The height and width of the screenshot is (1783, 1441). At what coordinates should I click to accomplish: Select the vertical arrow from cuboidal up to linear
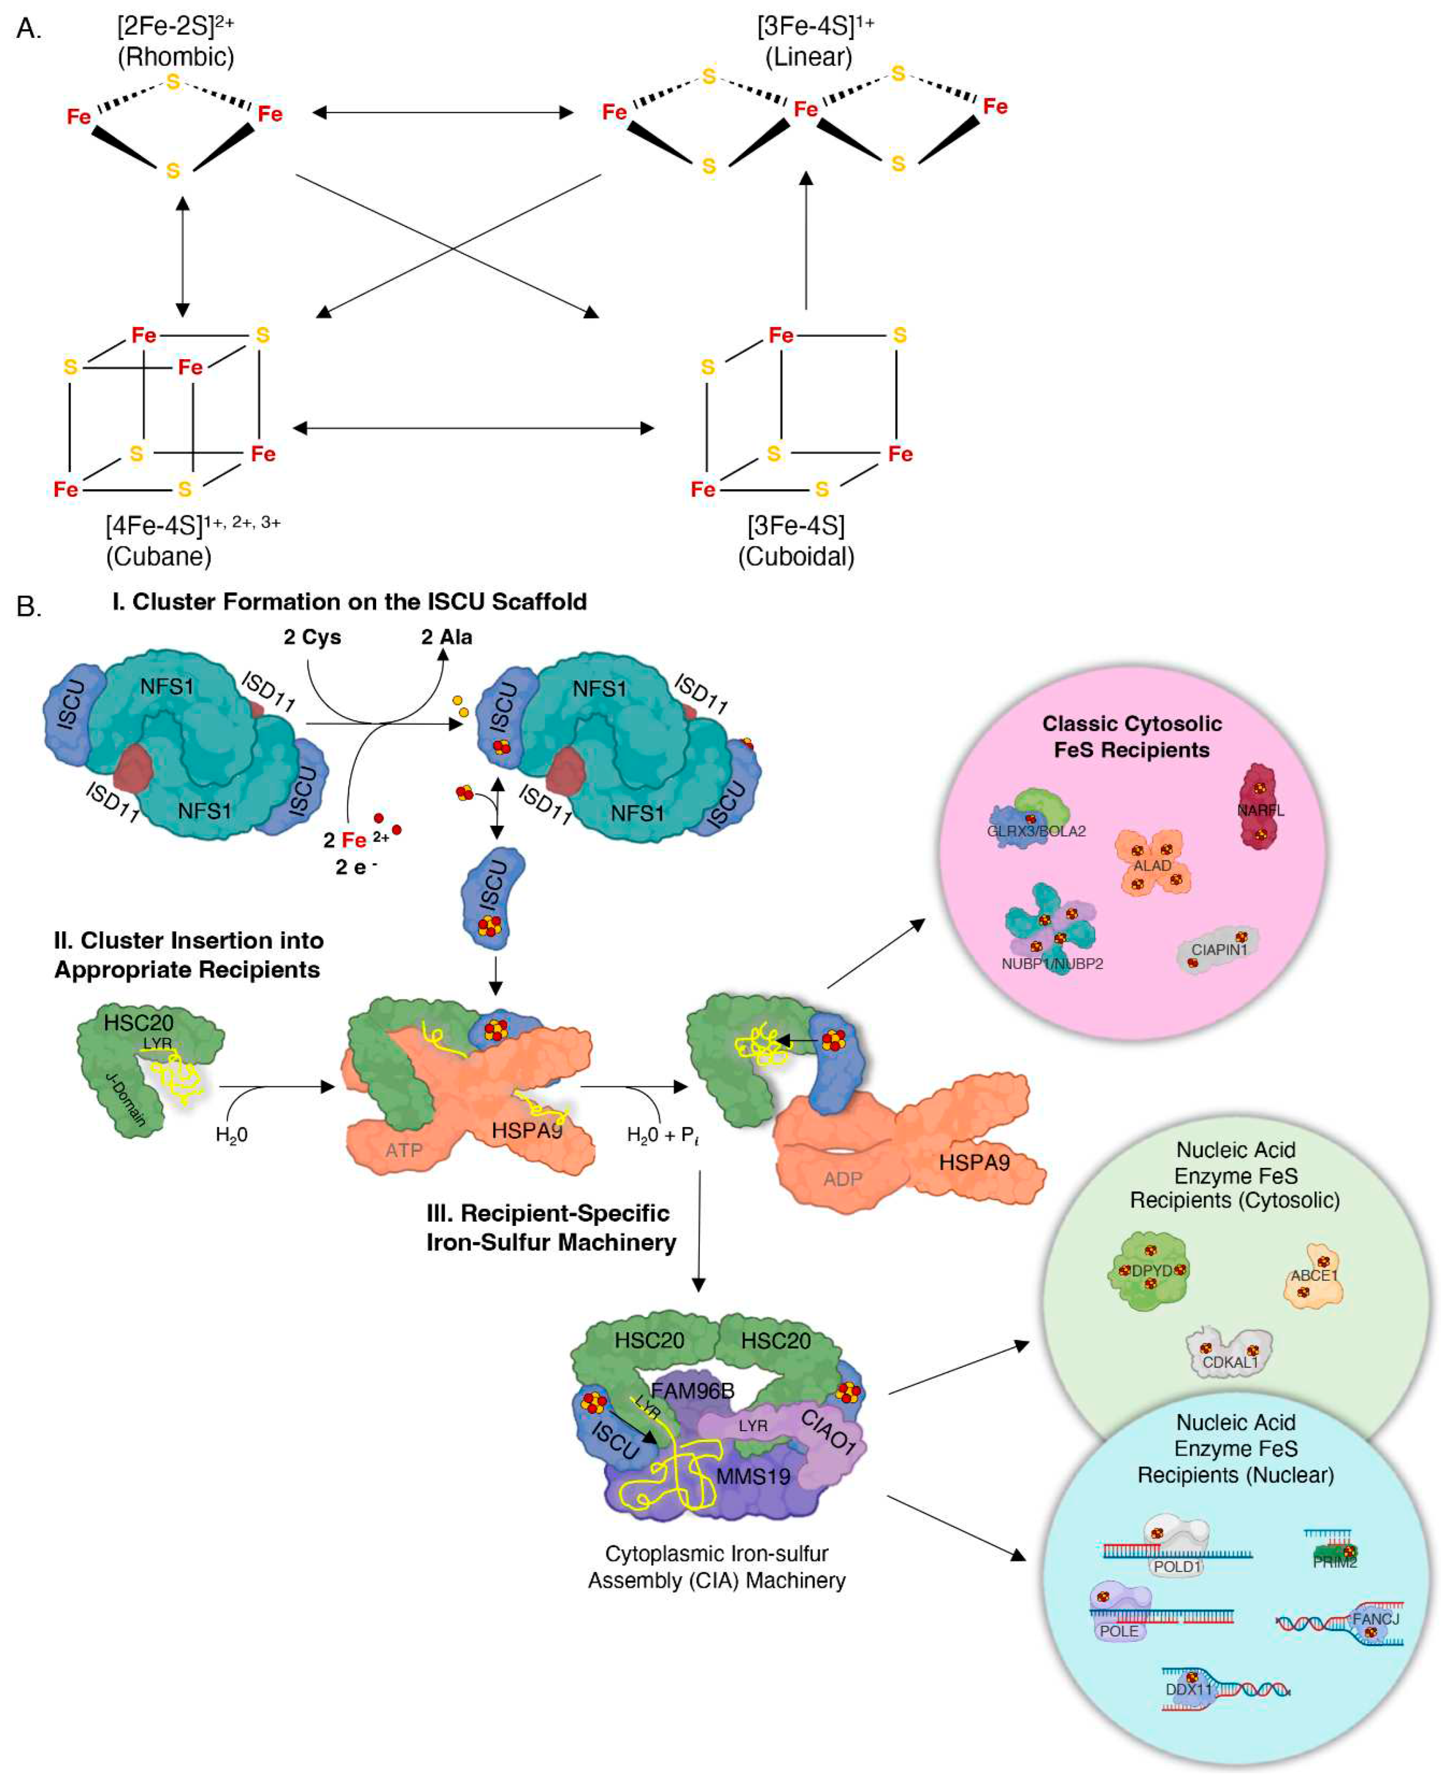(x=805, y=241)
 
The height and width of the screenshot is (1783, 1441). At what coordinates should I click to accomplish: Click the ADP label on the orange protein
(x=843, y=1179)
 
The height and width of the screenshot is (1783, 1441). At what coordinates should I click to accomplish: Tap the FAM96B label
(x=692, y=1390)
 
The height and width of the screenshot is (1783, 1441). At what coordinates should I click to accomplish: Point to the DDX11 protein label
(x=1189, y=1690)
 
